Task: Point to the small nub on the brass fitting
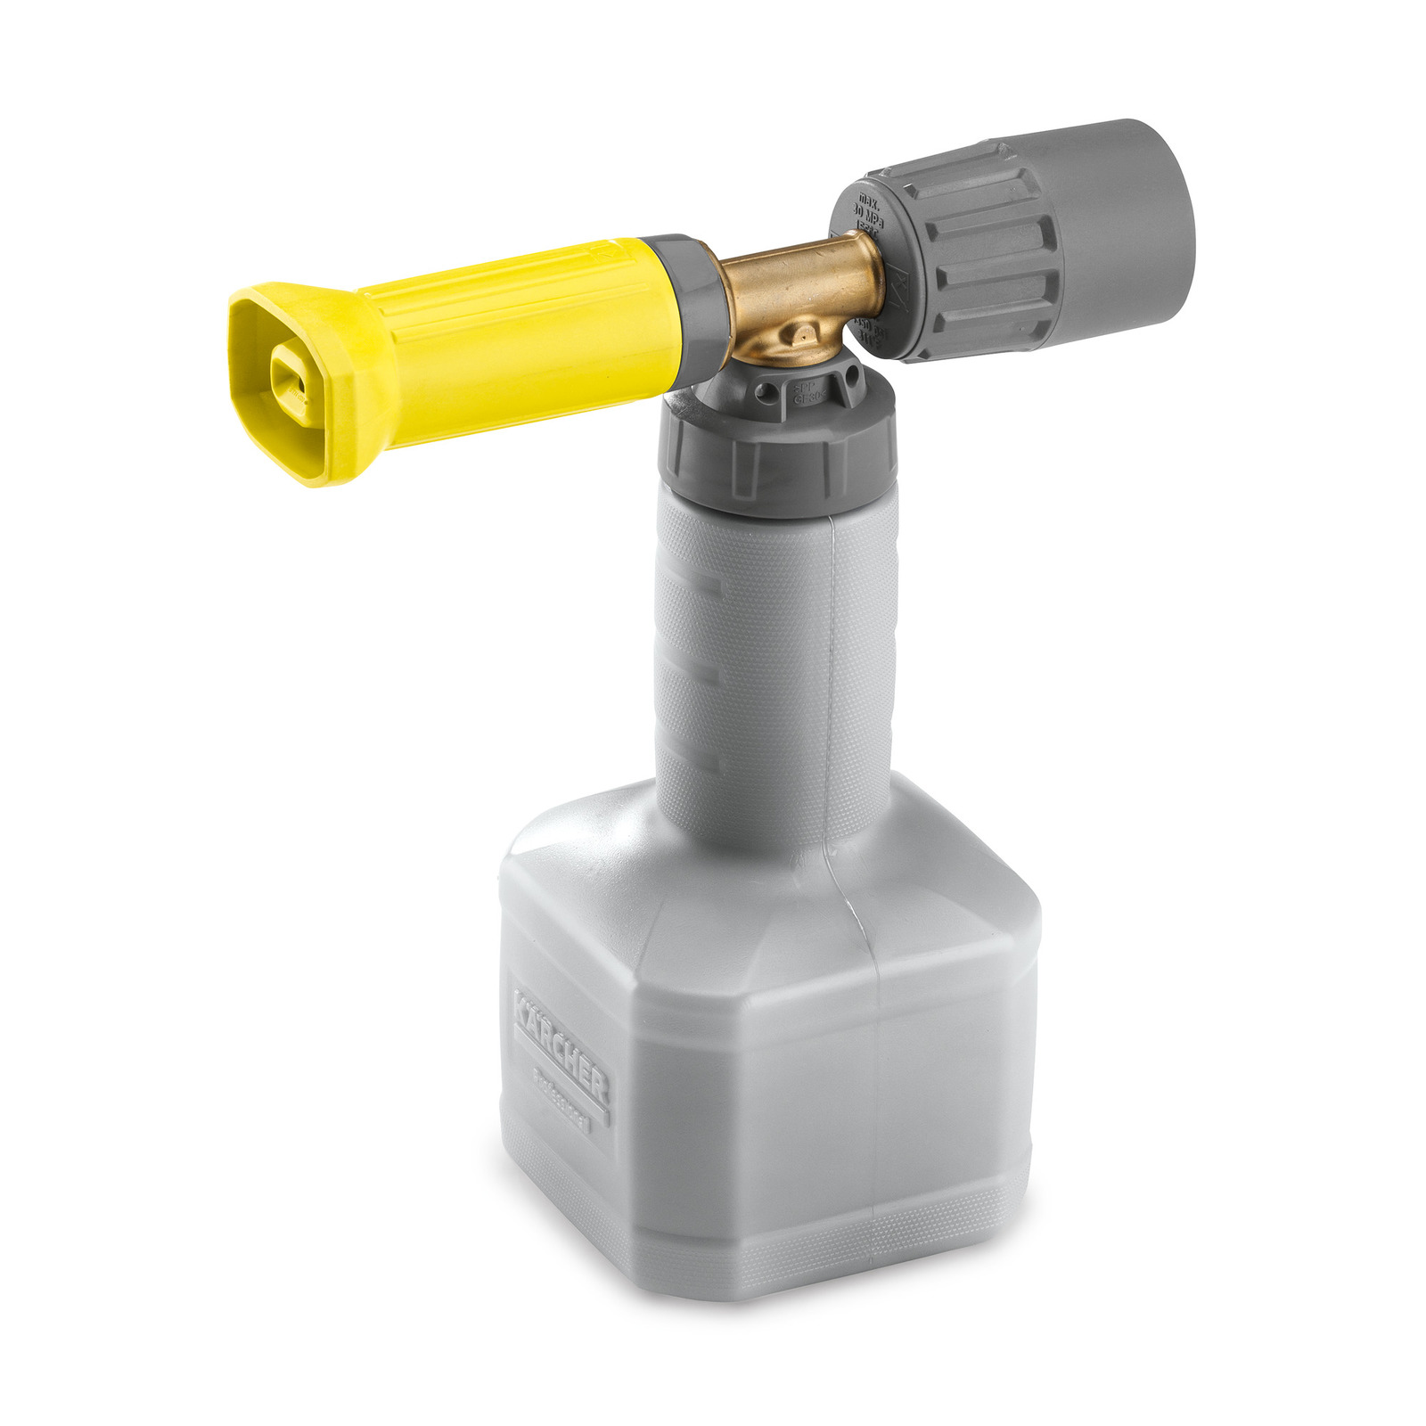[803, 334]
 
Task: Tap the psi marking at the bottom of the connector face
[870, 329]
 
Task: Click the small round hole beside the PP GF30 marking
[766, 393]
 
